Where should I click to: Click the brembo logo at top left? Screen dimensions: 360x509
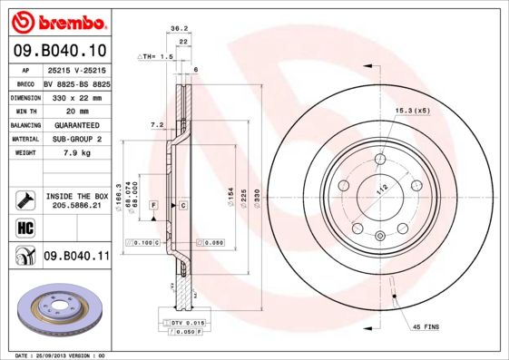(56, 21)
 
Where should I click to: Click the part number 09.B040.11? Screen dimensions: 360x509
(77, 257)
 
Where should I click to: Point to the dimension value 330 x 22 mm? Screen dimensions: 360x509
(76, 96)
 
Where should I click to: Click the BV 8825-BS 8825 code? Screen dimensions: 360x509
(76, 83)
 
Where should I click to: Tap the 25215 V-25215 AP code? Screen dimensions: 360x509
(76, 69)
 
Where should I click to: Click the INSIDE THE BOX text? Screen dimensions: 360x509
(76, 196)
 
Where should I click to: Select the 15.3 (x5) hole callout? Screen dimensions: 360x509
(411, 111)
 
